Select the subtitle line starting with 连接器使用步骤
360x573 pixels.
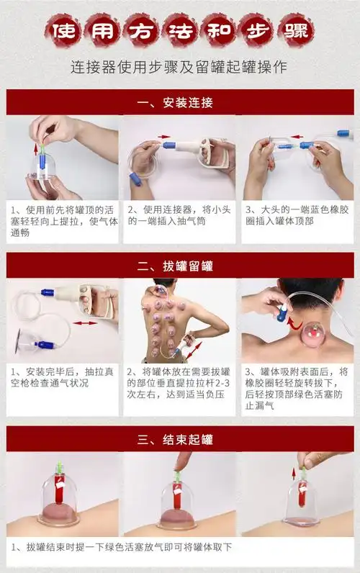pos(179,68)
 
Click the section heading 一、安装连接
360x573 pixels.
pos(179,102)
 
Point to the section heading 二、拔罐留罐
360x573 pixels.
pos(179,266)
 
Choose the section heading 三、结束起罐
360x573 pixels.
pos(179,439)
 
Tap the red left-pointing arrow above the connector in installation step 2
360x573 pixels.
pos(164,136)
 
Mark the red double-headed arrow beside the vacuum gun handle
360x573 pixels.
pos(86,323)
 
